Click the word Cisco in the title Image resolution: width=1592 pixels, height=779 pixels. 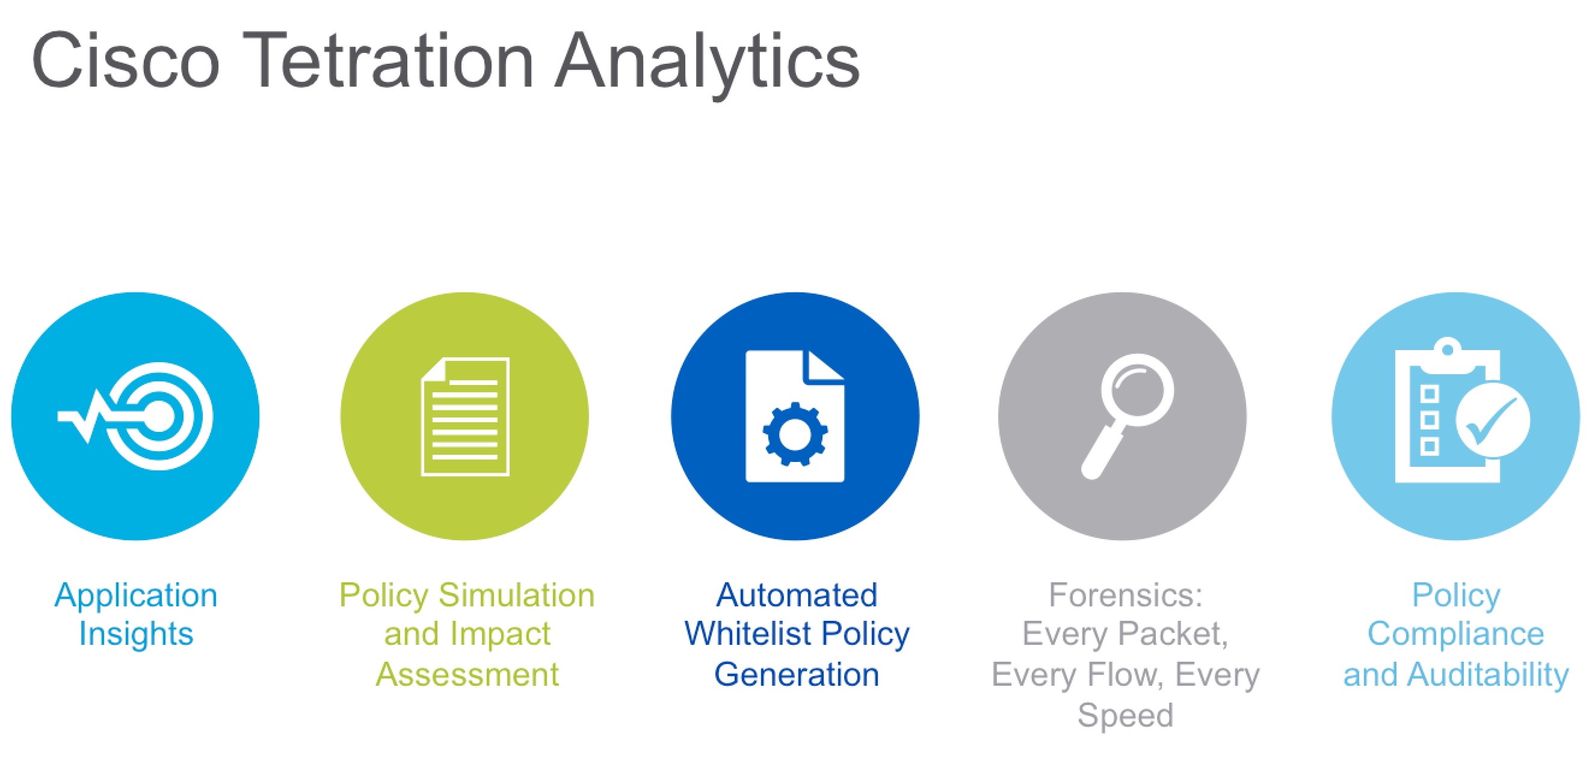[126, 61]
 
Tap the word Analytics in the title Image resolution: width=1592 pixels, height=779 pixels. [707, 64]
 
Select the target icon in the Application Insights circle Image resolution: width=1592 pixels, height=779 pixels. [159, 416]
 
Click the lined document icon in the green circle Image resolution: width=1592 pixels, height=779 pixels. [465, 416]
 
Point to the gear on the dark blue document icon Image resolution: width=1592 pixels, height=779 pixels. [795, 434]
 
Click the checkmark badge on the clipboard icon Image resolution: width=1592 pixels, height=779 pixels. [1493, 419]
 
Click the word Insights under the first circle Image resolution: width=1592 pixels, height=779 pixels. [136, 634]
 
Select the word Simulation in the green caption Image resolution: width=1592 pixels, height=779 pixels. [517, 595]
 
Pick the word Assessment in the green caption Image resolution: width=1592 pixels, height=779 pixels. [467, 674]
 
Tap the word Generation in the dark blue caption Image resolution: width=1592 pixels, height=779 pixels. [797, 674]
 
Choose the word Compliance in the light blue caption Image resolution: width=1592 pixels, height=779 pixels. [1456, 635]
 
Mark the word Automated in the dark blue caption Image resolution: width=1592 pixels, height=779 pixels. [797, 595]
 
